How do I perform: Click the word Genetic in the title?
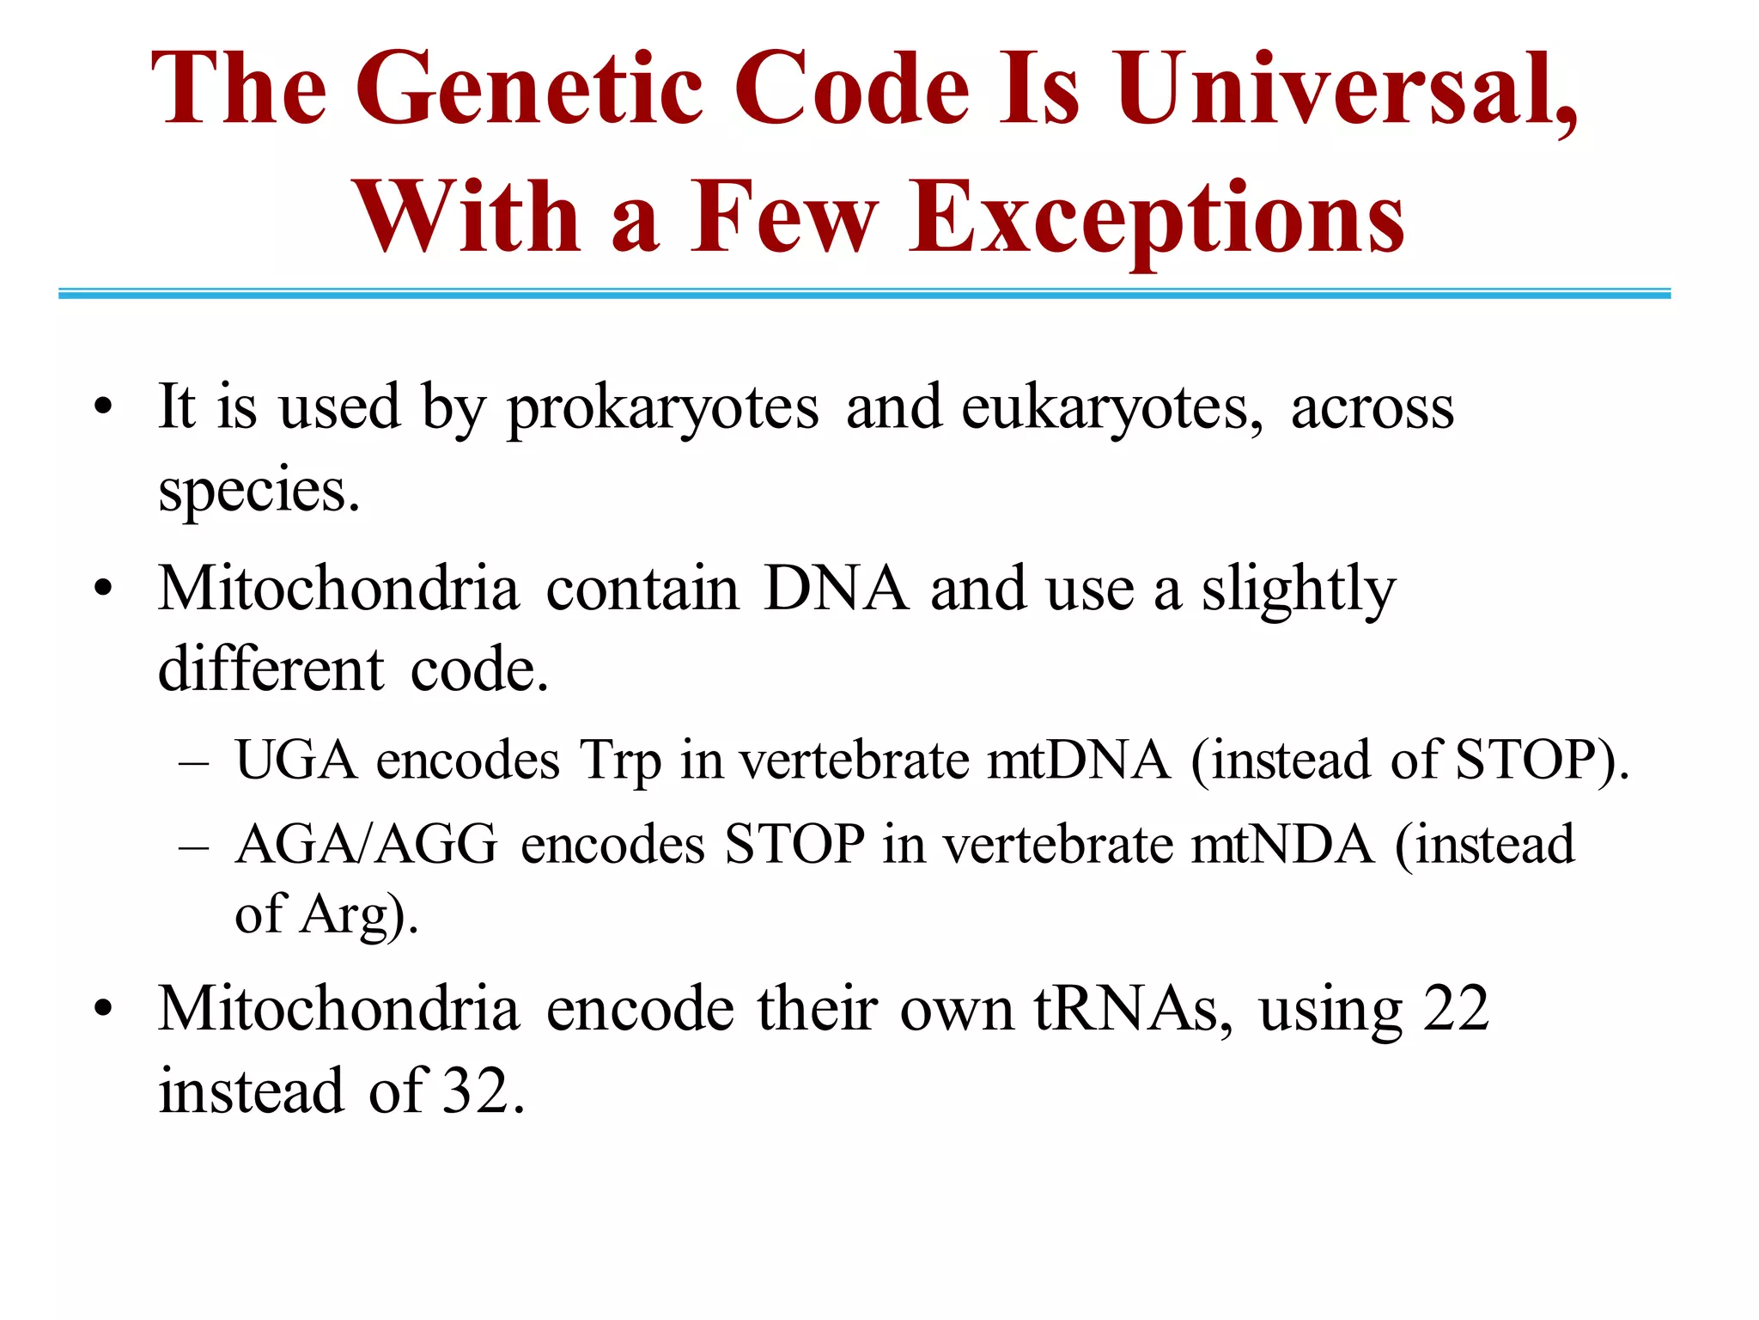tap(532, 89)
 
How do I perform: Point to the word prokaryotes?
tap(662, 408)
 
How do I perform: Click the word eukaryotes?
tap(1111, 408)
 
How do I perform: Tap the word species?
tap(258, 491)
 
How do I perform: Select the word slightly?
tap(1298, 591)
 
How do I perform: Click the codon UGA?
tap(296, 761)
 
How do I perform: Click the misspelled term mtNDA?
tap(1282, 844)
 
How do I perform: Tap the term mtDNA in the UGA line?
tap(1079, 761)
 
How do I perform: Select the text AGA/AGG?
tap(367, 844)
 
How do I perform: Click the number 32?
tap(475, 1091)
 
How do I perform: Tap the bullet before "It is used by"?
tap(104, 406)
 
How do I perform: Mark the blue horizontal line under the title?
tap(864, 294)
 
